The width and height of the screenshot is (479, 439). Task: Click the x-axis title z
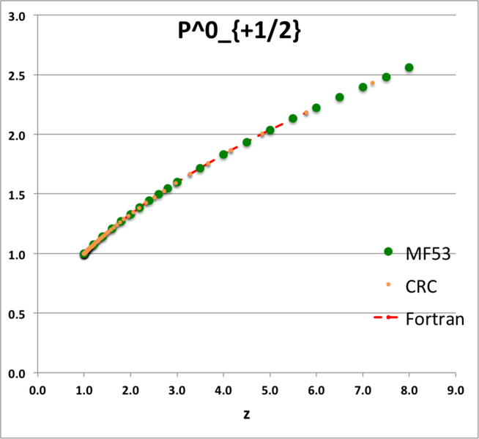point(248,414)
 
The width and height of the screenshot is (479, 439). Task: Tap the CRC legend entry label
point(421,286)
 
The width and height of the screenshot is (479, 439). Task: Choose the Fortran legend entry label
point(435,319)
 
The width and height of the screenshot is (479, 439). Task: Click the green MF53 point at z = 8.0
point(409,68)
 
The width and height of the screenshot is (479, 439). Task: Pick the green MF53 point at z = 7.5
point(386,78)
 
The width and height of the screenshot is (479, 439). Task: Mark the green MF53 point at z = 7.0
point(363,87)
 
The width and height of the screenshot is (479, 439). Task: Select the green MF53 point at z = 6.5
point(340,97)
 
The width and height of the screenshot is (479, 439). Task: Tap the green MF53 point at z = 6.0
point(316,108)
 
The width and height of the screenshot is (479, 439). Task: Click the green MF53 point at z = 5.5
point(293,119)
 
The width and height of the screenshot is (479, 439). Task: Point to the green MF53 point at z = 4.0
point(223,155)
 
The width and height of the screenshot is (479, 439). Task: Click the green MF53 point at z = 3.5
point(200,168)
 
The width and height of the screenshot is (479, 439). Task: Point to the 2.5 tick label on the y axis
point(17,75)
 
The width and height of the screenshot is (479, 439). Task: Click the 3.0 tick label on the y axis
point(17,15)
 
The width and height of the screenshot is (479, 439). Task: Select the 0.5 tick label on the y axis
point(17,314)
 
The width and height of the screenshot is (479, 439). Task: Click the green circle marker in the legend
point(388,252)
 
